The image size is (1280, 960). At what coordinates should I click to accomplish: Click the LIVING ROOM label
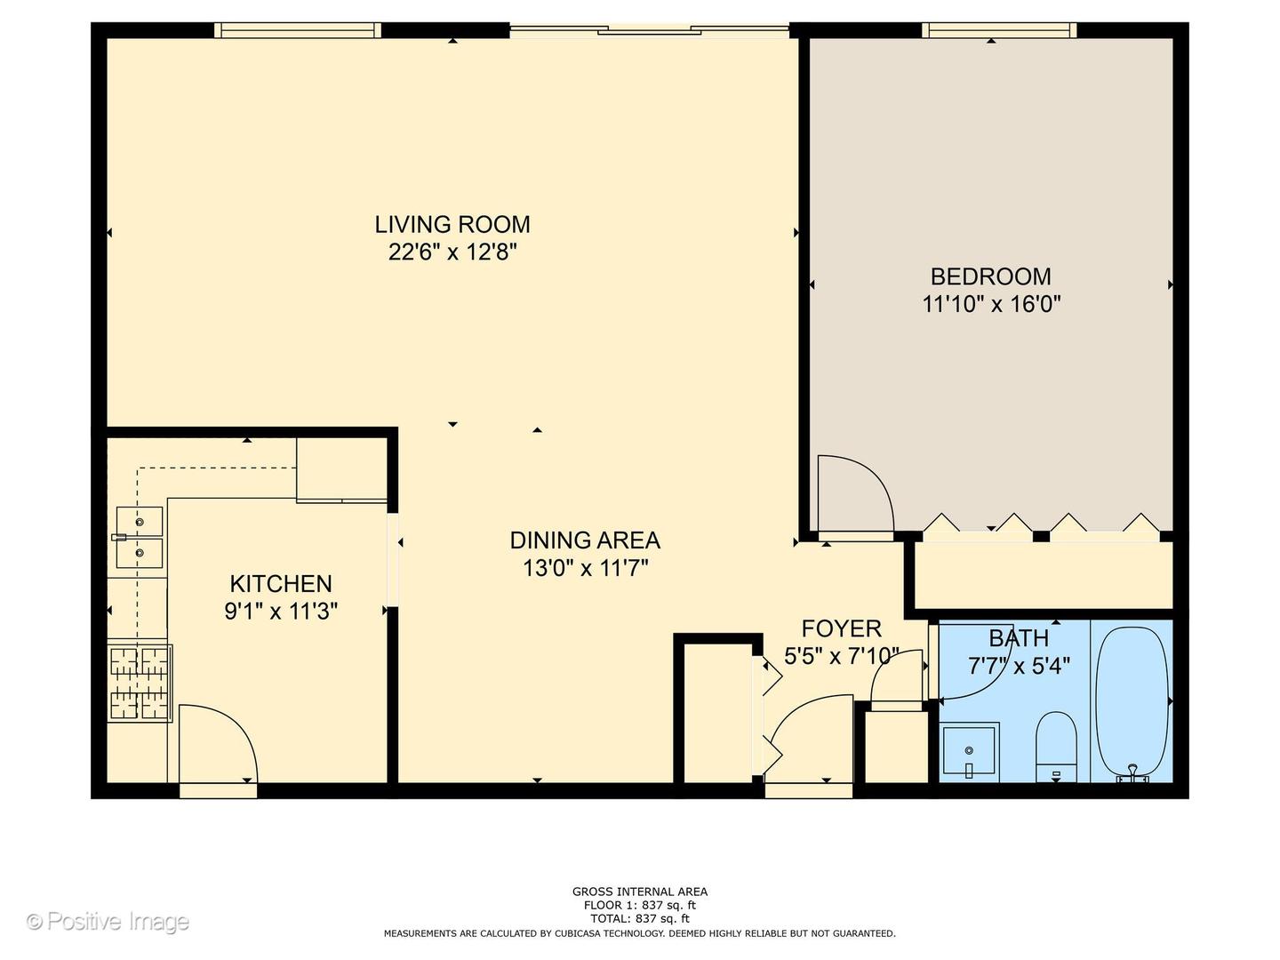[452, 224]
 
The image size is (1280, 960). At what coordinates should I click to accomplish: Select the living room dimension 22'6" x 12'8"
[452, 252]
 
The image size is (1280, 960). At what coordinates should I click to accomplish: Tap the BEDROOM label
[990, 276]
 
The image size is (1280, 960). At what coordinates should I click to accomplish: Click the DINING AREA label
[584, 540]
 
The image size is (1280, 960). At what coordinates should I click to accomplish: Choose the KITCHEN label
[281, 584]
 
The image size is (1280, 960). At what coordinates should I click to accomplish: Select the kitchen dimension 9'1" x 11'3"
[281, 612]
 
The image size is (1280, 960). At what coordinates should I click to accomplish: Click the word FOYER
[841, 629]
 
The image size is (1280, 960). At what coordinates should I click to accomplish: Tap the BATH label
[1019, 638]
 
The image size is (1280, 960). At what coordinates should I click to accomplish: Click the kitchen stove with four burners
[140, 683]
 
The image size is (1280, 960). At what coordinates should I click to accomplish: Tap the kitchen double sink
[140, 537]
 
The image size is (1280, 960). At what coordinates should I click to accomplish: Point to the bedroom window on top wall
[999, 30]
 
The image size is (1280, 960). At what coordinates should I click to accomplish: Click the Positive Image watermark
[108, 921]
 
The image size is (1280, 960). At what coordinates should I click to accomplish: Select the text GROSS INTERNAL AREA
[639, 892]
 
